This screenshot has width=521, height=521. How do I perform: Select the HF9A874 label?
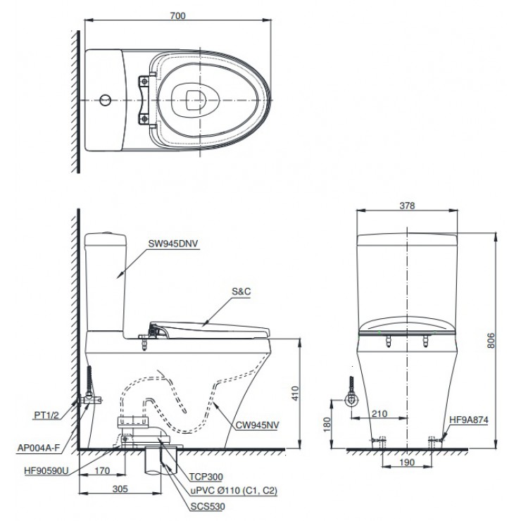tap(469, 420)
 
